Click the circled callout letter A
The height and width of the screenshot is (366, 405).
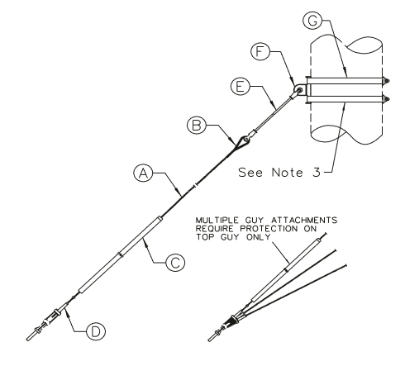tap(143, 173)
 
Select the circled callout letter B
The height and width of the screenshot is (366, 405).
tap(197, 126)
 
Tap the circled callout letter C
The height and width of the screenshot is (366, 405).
tap(175, 262)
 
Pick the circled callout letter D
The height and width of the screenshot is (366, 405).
tap(96, 331)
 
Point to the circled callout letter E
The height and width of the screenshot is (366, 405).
tap(241, 87)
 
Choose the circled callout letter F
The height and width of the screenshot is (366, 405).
tap(260, 51)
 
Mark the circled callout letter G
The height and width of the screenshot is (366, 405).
tap(312, 20)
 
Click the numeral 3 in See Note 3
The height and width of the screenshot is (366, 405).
tap(317, 173)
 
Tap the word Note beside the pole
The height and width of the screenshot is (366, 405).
tap(288, 173)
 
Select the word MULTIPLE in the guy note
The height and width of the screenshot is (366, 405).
tap(217, 221)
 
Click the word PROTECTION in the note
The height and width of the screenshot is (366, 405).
tap(269, 229)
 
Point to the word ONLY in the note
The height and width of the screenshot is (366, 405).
tap(258, 237)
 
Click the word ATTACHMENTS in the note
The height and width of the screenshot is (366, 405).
tap(304, 221)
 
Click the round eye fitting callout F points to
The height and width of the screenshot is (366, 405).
tap(299, 90)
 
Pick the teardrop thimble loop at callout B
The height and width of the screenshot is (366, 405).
tap(244, 141)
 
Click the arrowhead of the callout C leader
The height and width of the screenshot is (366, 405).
tap(145, 241)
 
